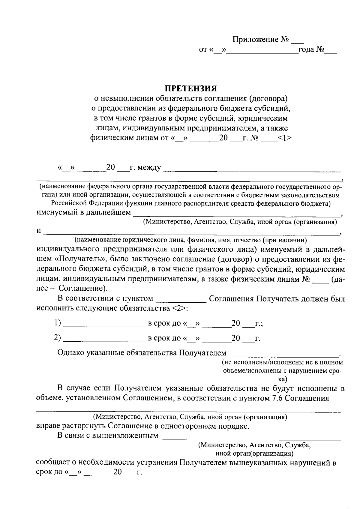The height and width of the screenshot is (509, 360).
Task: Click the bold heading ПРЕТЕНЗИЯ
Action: [x=191, y=88]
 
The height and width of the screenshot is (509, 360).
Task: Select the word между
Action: [x=149, y=167]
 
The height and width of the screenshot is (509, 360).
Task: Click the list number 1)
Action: [x=58, y=323]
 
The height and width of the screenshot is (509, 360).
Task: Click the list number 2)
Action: [x=58, y=338]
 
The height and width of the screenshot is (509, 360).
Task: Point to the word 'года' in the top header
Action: [x=306, y=49]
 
